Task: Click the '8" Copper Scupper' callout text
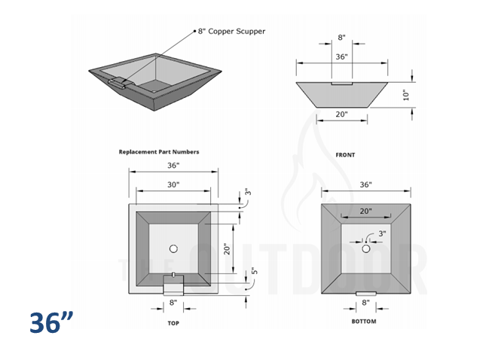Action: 231,32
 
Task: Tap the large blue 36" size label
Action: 52,322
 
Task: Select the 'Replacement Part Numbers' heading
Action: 159,151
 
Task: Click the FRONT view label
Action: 346,154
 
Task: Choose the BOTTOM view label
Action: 365,322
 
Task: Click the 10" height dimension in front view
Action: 405,95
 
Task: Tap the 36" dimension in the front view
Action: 341,56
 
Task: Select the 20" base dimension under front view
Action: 341,114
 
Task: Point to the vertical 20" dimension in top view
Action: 225,249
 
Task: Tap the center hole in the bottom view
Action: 367,249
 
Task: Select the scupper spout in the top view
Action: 173,285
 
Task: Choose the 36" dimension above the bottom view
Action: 366,185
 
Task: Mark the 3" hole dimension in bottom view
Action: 382,234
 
